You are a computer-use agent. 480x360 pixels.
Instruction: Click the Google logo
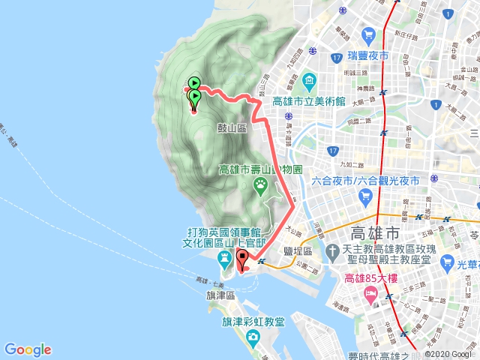point(28,349)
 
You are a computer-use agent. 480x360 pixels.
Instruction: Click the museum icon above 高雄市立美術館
point(308,80)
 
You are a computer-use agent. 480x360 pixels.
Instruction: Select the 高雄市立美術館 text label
point(308,101)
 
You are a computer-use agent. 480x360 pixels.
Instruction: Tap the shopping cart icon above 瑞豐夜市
point(368,35)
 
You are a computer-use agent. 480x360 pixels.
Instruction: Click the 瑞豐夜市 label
point(368,55)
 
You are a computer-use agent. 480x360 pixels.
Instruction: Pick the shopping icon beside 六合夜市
point(365,197)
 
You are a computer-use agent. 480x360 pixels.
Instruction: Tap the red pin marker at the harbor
point(242,260)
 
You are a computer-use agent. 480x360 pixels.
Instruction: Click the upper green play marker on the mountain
point(193,83)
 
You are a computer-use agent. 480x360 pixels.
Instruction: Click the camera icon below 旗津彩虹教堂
point(253,335)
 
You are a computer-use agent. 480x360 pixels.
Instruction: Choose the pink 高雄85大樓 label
point(375,280)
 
